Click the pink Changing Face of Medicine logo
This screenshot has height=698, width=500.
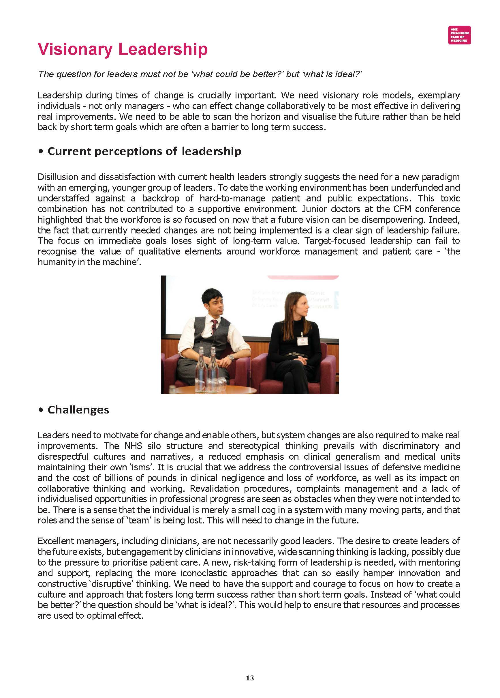459,35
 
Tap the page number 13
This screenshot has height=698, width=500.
250,678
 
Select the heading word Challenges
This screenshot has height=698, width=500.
78,410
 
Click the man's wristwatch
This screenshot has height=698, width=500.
231,357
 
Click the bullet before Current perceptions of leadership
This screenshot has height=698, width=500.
41,152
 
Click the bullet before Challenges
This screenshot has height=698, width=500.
41,410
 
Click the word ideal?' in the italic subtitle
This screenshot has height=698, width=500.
348,74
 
